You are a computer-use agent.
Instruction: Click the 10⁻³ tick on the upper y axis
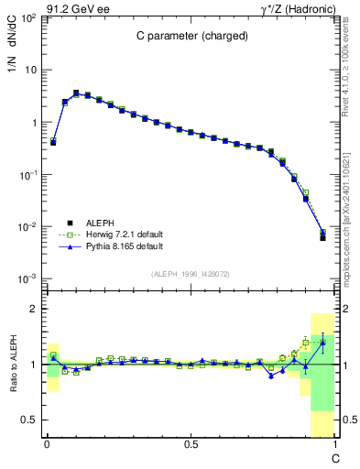point(29,278)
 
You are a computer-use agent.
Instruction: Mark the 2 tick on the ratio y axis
point(35,309)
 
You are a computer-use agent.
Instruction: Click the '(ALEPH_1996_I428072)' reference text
point(190,274)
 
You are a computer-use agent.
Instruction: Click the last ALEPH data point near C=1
point(322,237)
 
